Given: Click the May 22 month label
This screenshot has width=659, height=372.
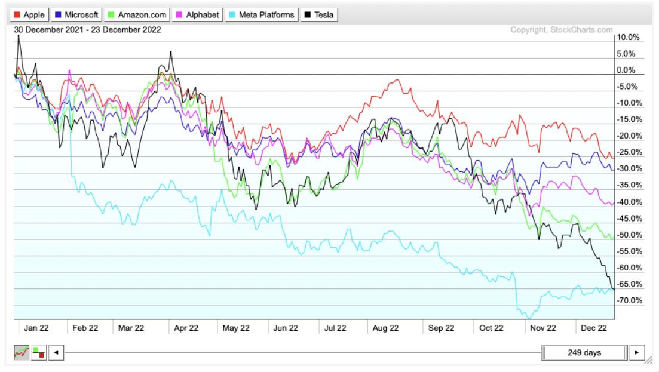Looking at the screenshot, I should [235, 328].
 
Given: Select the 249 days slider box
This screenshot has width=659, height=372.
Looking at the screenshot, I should [584, 352].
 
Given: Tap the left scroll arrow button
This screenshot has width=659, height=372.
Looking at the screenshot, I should [56, 352].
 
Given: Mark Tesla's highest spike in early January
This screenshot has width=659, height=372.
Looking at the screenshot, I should [19, 36].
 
